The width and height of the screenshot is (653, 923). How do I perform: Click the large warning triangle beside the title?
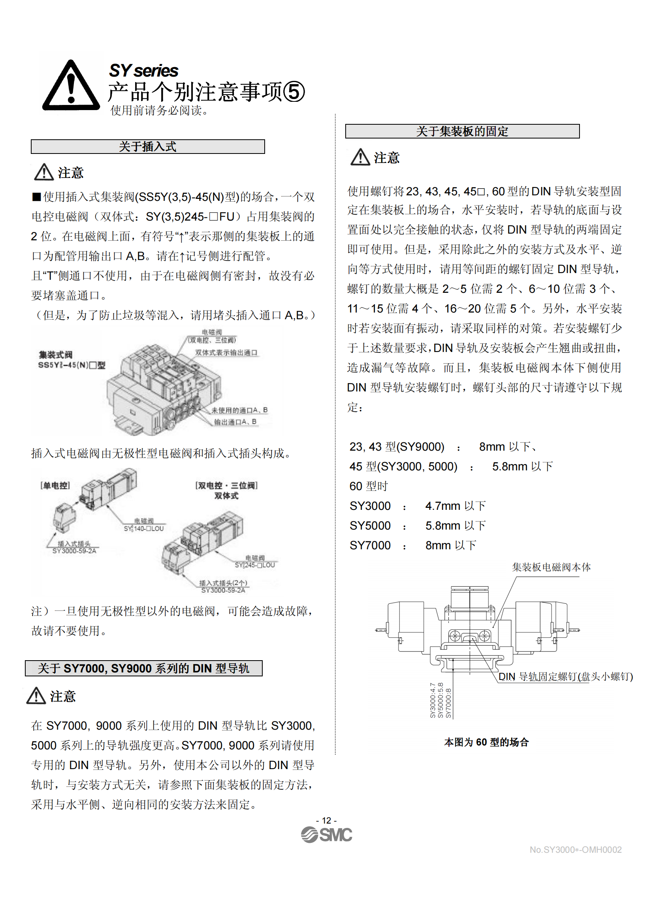pyautogui.click(x=71, y=86)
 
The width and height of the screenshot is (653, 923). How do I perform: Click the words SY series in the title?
pyautogui.click(x=144, y=71)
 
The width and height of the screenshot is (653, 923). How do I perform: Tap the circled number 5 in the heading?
pyautogui.click(x=294, y=92)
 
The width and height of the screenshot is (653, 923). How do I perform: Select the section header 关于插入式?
pyautogui.click(x=148, y=147)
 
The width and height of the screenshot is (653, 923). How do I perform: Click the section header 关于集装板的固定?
pyautogui.click(x=462, y=131)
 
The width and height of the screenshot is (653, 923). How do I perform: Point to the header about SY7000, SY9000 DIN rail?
pyautogui.click(x=144, y=668)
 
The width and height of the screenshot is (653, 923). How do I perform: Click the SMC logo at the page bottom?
pyautogui.click(x=326, y=835)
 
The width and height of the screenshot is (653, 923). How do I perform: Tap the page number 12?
pyautogui.click(x=326, y=820)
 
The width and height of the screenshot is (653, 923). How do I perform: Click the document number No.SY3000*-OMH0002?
pyautogui.click(x=575, y=850)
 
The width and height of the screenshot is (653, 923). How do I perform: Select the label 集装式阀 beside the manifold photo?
pyautogui.click(x=56, y=355)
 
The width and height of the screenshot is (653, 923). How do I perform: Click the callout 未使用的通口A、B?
pyautogui.click(x=239, y=410)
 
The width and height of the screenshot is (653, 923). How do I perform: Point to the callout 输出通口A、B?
pyautogui.click(x=235, y=422)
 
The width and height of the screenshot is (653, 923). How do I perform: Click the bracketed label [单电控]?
pyautogui.click(x=55, y=485)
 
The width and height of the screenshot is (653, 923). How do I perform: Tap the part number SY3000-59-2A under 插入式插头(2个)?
pyautogui.click(x=223, y=590)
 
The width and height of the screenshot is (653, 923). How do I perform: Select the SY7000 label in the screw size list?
pyautogui.click(x=370, y=545)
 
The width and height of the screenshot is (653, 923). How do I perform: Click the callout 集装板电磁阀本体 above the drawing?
pyautogui.click(x=551, y=567)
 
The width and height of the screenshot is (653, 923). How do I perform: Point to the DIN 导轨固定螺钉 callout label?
pyautogui.click(x=565, y=677)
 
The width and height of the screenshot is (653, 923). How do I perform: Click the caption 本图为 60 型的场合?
pyautogui.click(x=486, y=742)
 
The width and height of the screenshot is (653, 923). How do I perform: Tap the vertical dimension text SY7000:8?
pyautogui.click(x=449, y=703)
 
